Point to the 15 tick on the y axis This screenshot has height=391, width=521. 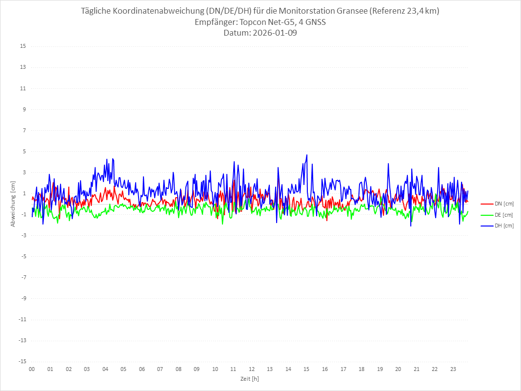[x=22, y=46]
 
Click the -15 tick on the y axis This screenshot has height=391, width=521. [x=21, y=362]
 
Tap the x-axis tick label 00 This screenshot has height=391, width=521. [x=32, y=369]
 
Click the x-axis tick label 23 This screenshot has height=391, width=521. [x=453, y=369]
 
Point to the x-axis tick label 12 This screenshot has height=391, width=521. [x=252, y=369]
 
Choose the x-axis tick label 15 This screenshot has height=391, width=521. [x=306, y=369]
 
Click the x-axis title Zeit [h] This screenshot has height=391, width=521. [x=249, y=378]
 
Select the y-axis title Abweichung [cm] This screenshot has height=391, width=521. [x=13, y=204]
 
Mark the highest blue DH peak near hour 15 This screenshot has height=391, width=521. [x=307, y=155]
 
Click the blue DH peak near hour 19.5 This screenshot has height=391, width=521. [x=388, y=164]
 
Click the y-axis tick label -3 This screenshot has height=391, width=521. [x=23, y=236]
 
